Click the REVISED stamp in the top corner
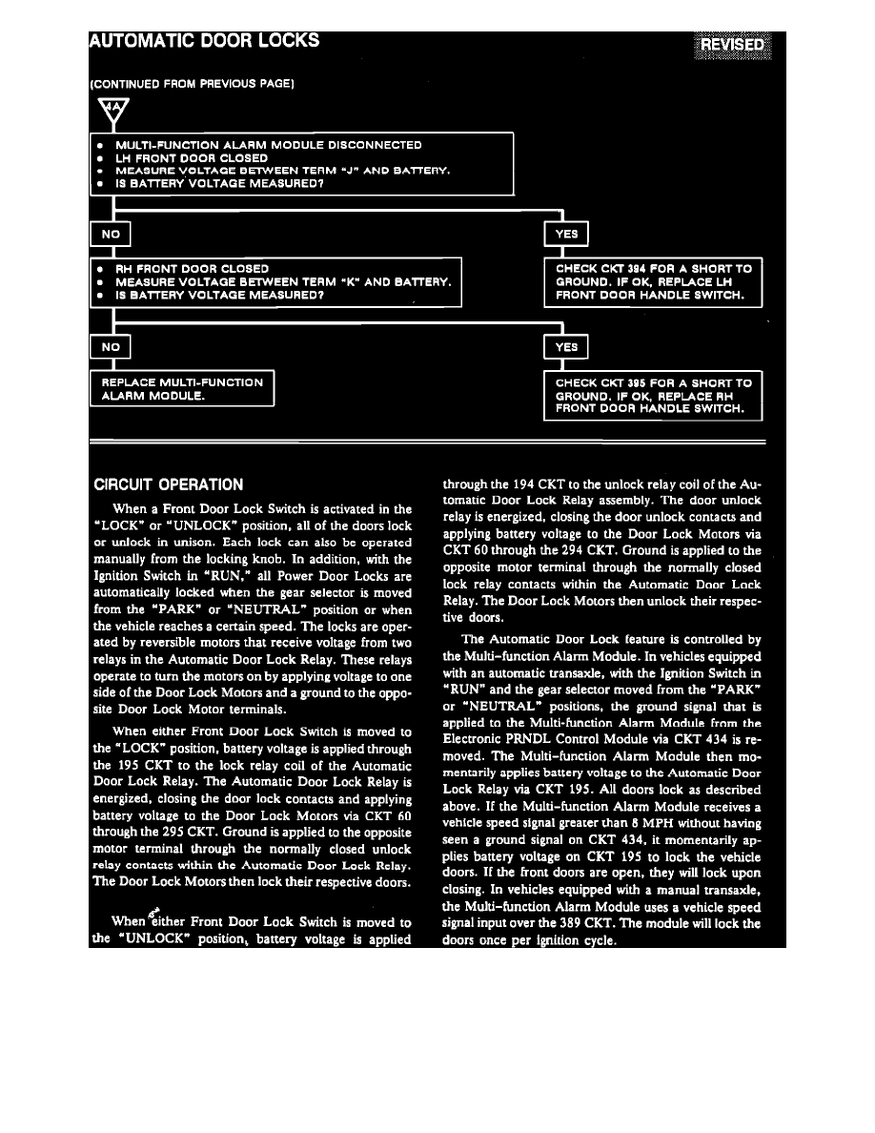coord(732,46)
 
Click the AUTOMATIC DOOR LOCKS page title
coord(204,41)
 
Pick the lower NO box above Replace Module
coord(110,346)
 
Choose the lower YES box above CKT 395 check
coord(565,347)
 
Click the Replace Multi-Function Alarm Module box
coord(182,389)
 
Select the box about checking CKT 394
coord(653,282)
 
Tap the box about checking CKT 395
coord(653,395)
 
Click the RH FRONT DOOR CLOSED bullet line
coord(192,269)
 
